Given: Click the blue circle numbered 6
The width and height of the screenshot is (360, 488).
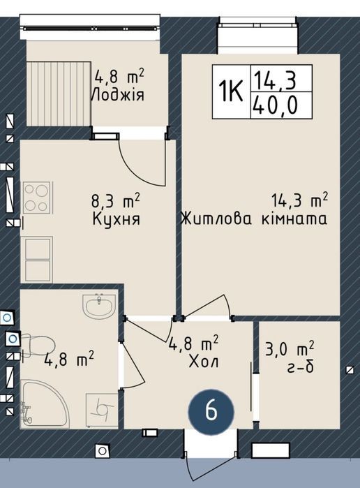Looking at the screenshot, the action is (211, 411).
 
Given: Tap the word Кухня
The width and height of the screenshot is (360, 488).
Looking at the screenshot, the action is (116, 219).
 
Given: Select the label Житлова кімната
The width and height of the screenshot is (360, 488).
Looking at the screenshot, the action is (254, 219).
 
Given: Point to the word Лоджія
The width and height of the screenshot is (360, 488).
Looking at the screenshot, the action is (118, 95).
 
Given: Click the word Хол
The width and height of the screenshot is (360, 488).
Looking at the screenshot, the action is (204, 362).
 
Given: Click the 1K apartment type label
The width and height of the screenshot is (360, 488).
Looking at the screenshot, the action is (230, 91).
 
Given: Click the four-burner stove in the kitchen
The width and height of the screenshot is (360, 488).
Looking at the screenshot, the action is (37, 198).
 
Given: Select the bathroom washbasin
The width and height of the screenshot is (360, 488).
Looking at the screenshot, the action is (99, 306).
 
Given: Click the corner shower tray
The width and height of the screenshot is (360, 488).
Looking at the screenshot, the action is (43, 404).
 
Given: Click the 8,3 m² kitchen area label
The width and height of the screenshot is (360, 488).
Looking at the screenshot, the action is (115, 200).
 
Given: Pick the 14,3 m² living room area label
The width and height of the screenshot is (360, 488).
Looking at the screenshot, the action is (300, 201).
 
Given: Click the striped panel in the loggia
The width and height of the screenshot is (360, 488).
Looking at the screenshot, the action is (58, 94).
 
